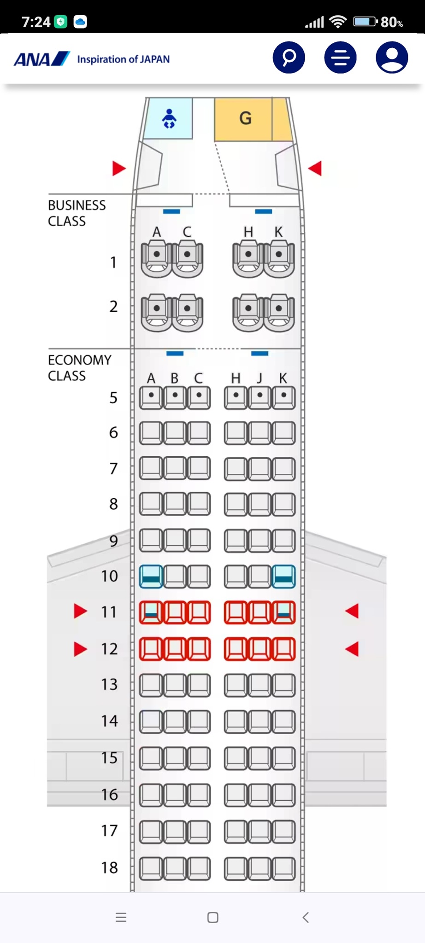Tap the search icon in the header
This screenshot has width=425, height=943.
coord(289,58)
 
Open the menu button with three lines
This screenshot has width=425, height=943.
coord(340,58)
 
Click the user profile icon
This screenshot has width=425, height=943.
coord(392,58)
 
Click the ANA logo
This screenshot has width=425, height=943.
coord(41,59)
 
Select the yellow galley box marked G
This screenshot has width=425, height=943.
coord(245,119)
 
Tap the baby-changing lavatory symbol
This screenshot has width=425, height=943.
coord(169,119)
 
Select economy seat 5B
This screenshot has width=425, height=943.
coord(175,397)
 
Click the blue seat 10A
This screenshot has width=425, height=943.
coord(151,576)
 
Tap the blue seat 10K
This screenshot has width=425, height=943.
coord(283,576)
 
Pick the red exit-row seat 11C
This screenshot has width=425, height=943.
coord(199,612)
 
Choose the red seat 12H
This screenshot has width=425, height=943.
coord(236,649)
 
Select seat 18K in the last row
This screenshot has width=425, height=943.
coord(283,868)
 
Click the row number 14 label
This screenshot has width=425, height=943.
coord(109,721)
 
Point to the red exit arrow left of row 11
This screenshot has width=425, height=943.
coord(80,611)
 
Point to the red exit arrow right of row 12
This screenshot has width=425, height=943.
coord(352,649)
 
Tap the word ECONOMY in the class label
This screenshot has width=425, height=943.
coord(80,360)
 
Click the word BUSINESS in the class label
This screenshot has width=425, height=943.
coord(77,205)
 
